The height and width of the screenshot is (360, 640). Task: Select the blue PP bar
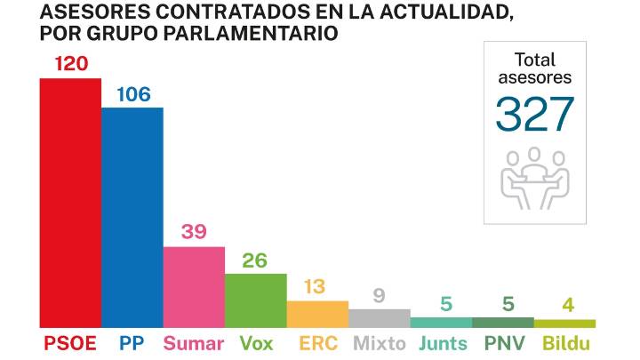point(132,218)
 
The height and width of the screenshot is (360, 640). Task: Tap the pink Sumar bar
point(194,287)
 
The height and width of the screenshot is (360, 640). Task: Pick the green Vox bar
point(256,300)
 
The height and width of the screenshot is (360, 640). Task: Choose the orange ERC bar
point(317,315)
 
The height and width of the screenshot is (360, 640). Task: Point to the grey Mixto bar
point(380,318)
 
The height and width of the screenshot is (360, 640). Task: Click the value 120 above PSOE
point(70,64)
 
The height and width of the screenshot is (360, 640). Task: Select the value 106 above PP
point(132,93)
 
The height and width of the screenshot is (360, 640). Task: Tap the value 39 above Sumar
point(194,232)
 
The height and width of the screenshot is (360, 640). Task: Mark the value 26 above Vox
point(256,260)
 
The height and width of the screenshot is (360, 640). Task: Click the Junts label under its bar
point(442,343)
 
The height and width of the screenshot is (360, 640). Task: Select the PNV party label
point(503,343)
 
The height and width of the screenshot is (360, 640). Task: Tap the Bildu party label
point(565,343)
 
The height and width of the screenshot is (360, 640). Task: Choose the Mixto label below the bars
point(380,343)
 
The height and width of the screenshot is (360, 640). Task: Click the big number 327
point(535,113)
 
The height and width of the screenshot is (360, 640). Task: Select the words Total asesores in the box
point(535,68)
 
